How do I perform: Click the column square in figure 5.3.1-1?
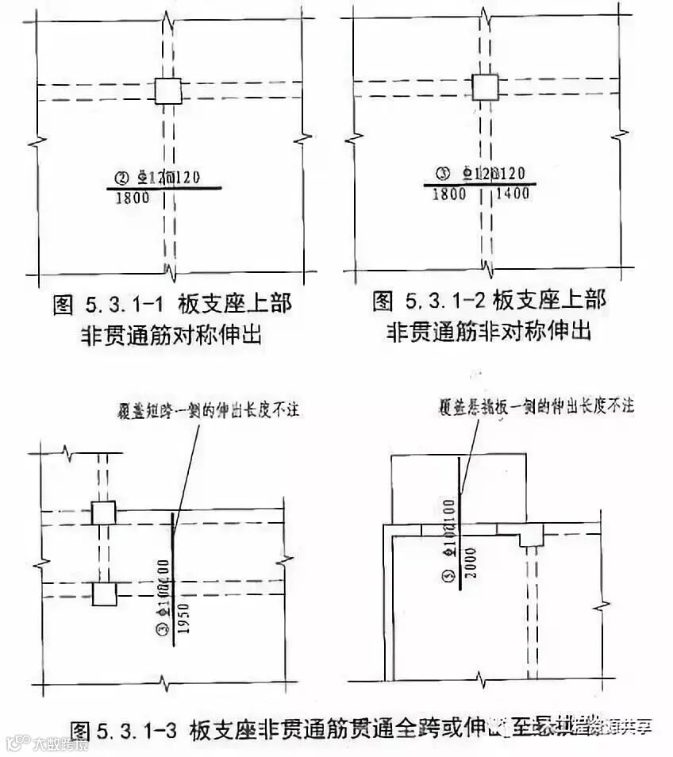pos(167,91)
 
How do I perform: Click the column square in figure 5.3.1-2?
pos(485,86)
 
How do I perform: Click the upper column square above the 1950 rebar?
pos(103,513)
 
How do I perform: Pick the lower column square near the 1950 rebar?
pos(103,593)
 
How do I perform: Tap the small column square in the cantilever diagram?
pos(531,536)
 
